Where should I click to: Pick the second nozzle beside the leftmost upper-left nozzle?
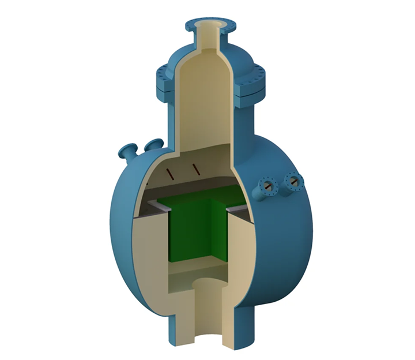click(153, 145)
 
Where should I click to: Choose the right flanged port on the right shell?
click(294, 182)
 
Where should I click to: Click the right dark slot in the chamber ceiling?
click(197, 168)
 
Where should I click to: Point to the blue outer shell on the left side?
click(118, 231)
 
